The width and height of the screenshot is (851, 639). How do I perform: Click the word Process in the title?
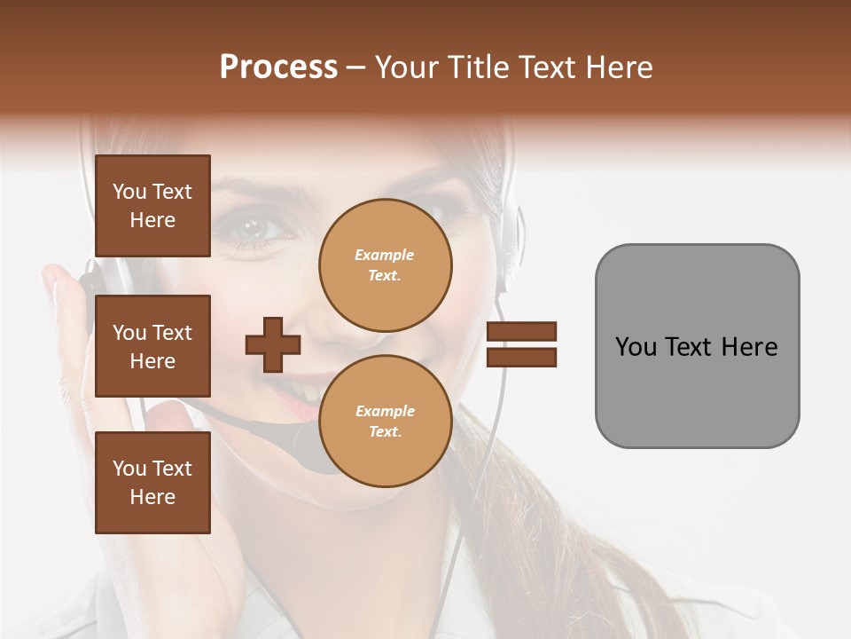pyautogui.click(x=278, y=67)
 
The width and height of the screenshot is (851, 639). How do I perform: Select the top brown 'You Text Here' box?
pyautogui.click(x=152, y=206)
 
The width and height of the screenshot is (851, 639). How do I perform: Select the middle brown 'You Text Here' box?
pyautogui.click(x=152, y=346)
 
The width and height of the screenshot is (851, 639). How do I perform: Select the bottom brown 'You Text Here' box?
pyautogui.click(x=152, y=483)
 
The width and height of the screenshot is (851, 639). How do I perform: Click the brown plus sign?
pyautogui.click(x=273, y=344)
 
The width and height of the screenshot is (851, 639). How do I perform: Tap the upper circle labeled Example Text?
pyautogui.click(x=385, y=265)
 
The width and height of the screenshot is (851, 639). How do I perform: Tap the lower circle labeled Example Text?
pyautogui.click(x=385, y=422)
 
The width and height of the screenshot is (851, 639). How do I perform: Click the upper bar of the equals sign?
pyautogui.click(x=521, y=331)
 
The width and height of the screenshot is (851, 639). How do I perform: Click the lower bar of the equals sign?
pyautogui.click(x=521, y=358)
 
